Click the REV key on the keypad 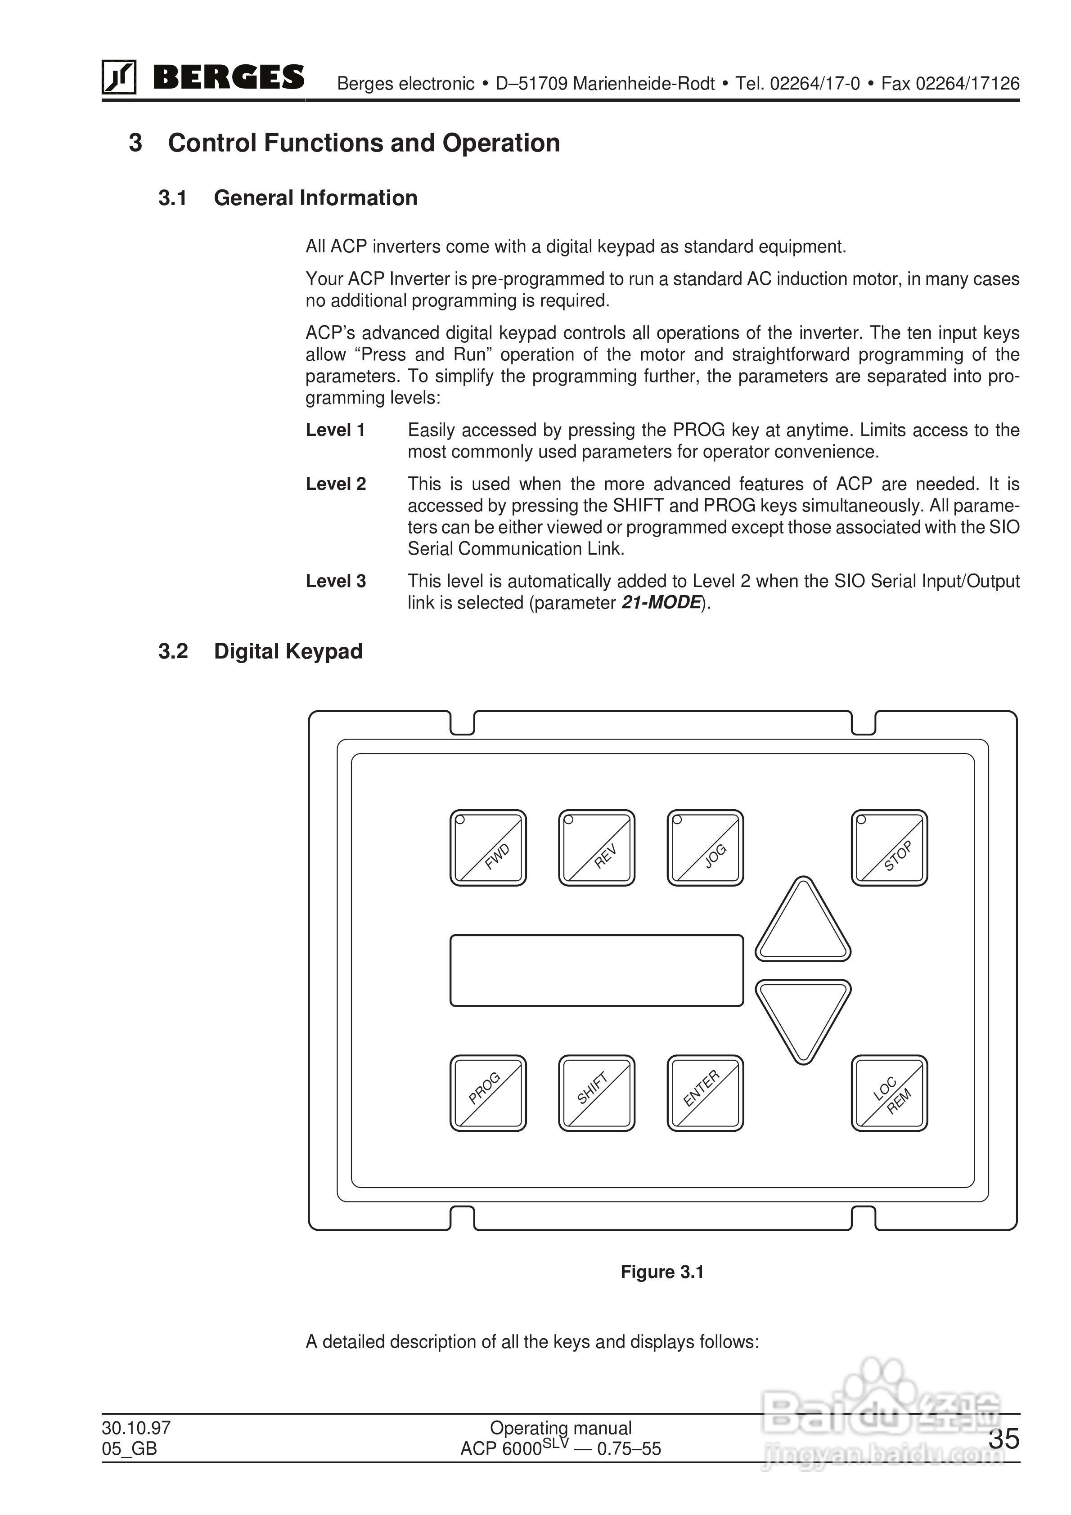[x=596, y=848]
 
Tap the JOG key [x=705, y=848]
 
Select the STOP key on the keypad [x=889, y=848]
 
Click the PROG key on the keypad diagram [x=488, y=1094]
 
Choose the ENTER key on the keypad [x=705, y=1094]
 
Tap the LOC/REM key [x=889, y=1094]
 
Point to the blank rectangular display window [x=596, y=970]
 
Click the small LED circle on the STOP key [x=861, y=820]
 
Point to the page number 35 [x=1003, y=1439]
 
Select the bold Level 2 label [x=335, y=484]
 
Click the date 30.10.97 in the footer [x=136, y=1428]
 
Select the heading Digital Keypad [x=288, y=651]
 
